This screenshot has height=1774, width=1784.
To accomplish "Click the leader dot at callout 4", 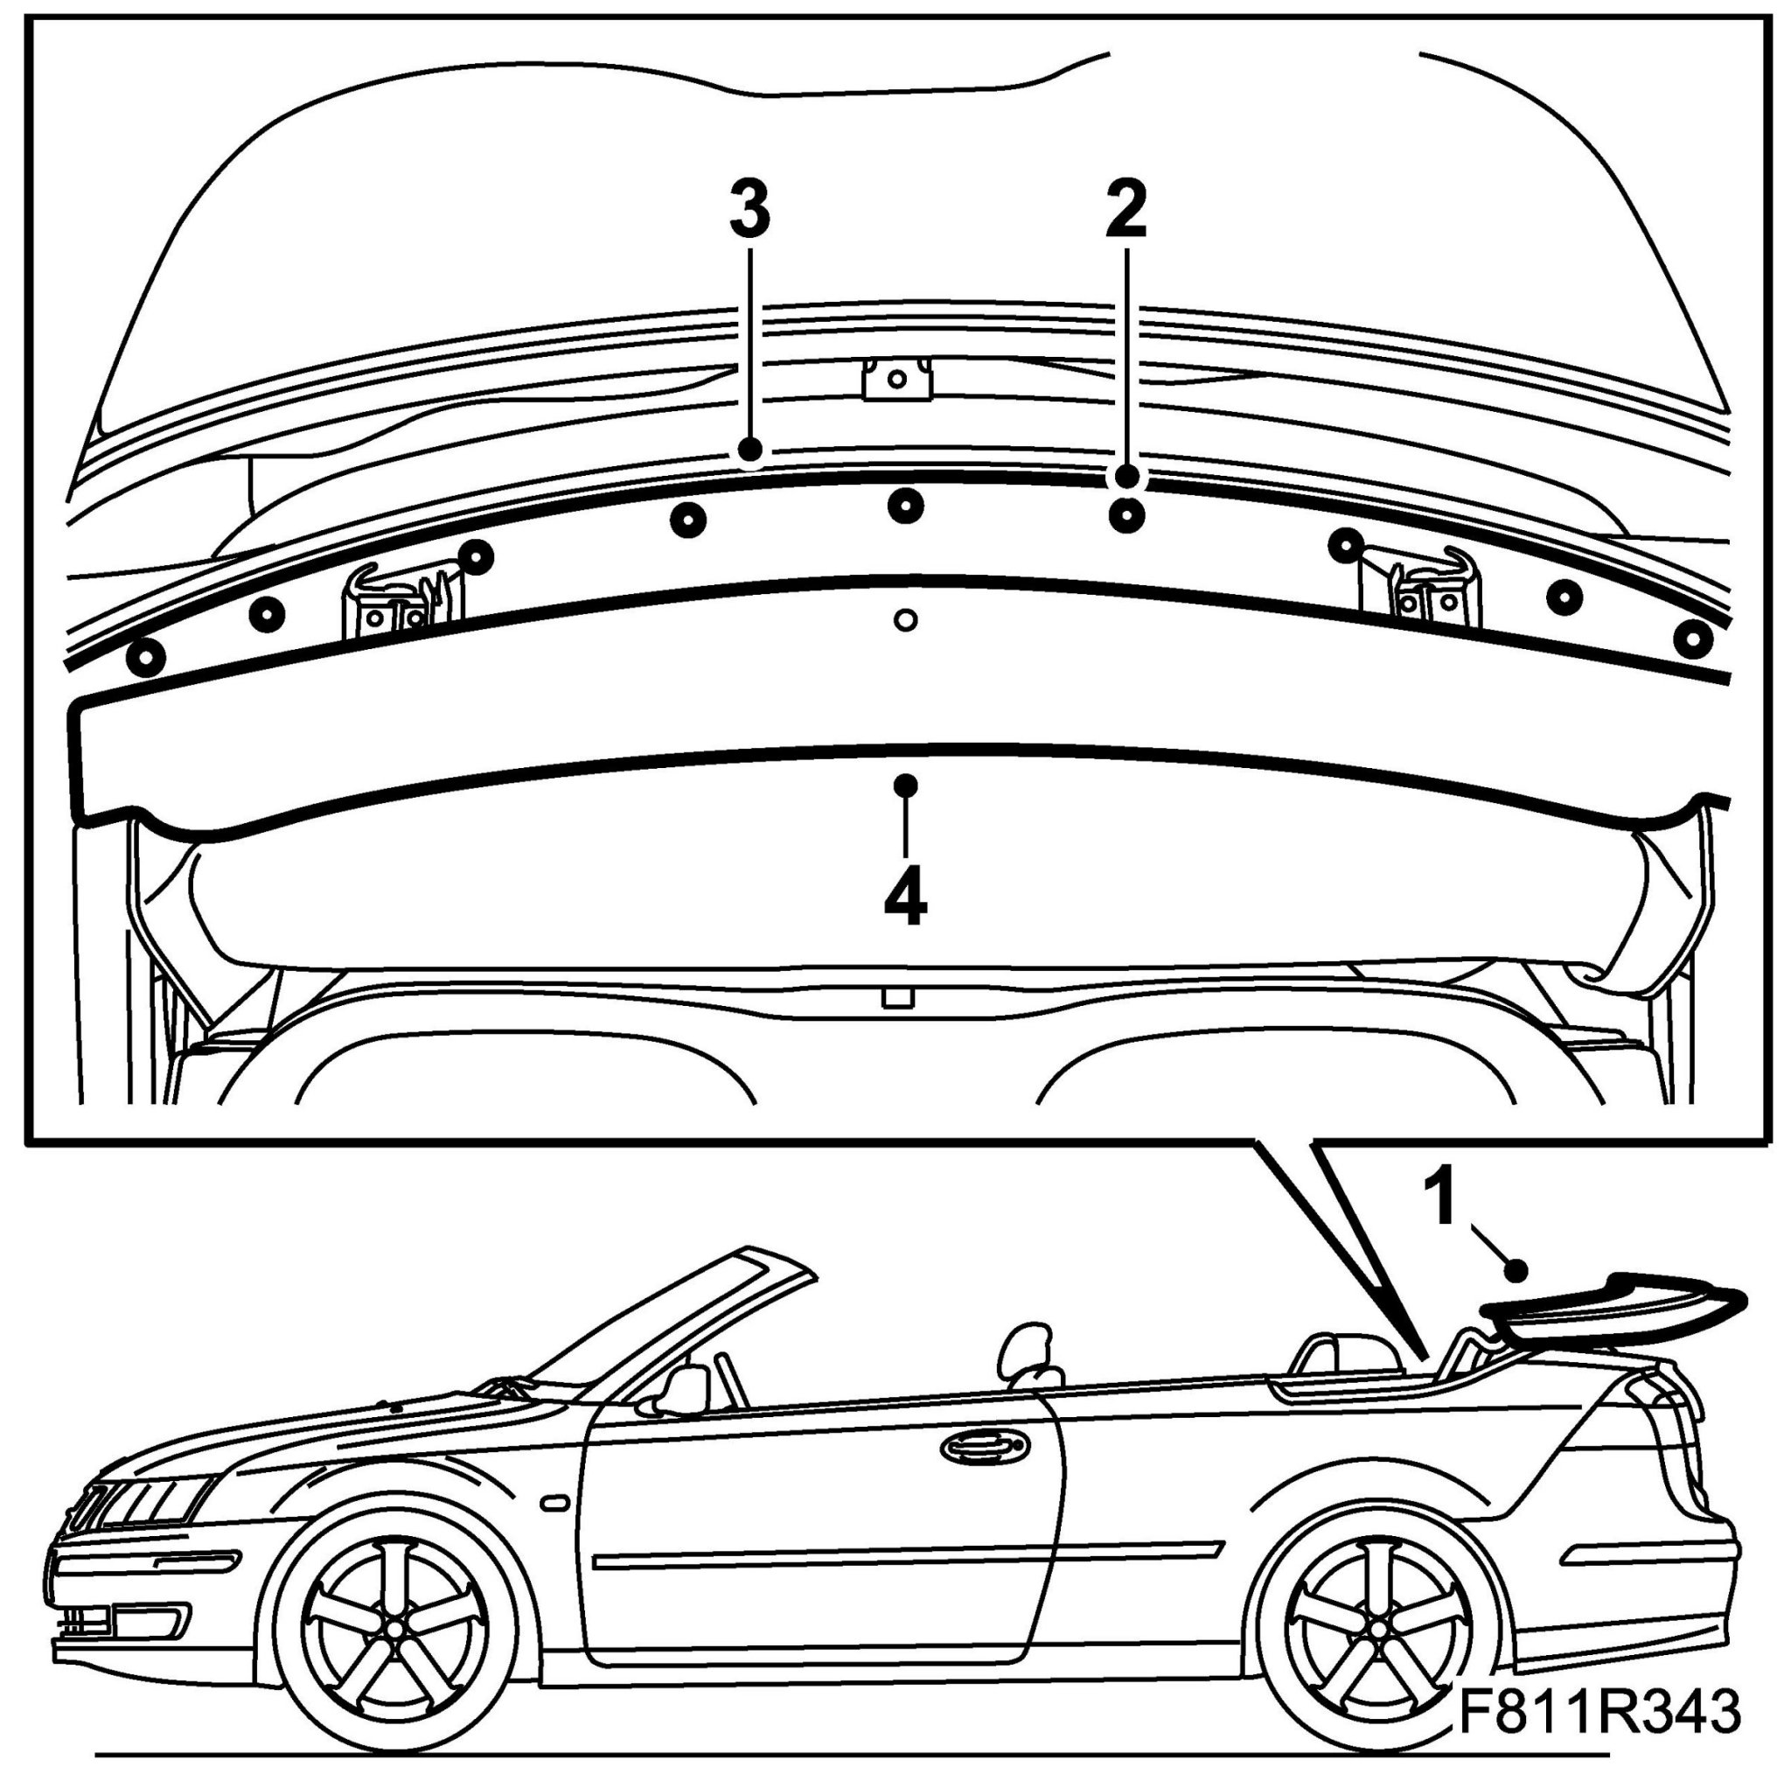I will (x=906, y=784).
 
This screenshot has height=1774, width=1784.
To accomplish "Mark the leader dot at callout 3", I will (x=749, y=450).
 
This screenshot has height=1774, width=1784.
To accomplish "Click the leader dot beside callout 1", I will (x=1516, y=1272).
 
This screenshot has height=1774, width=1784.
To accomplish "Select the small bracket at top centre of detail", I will (x=895, y=379).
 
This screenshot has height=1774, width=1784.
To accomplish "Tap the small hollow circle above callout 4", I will (x=906, y=618).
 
